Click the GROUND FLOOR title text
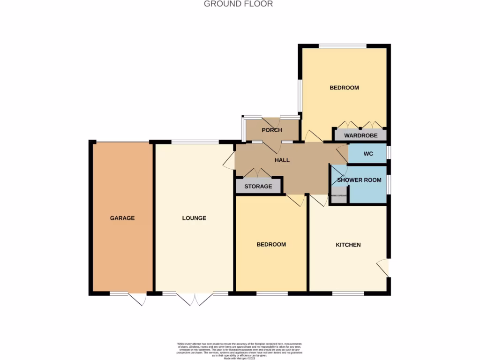tap(238, 4)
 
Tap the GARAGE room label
tap(122, 218)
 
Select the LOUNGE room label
tap(194, 218)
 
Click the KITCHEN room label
tap(348, 245)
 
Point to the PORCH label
tap(272, 130)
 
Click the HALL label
tap(282, 160)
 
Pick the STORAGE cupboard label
tap(258, 187)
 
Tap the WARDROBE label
tap(360, 135)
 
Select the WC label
tap(368, 154)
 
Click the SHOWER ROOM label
tap(360, 180)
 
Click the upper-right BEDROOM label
tap(344, 88)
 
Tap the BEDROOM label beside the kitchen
tap(271, 245)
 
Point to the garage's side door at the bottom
tap(137, 299)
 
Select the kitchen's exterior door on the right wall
tap(384, 268)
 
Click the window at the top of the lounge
tap(195, 142)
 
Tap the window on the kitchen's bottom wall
tap(348, 293)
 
